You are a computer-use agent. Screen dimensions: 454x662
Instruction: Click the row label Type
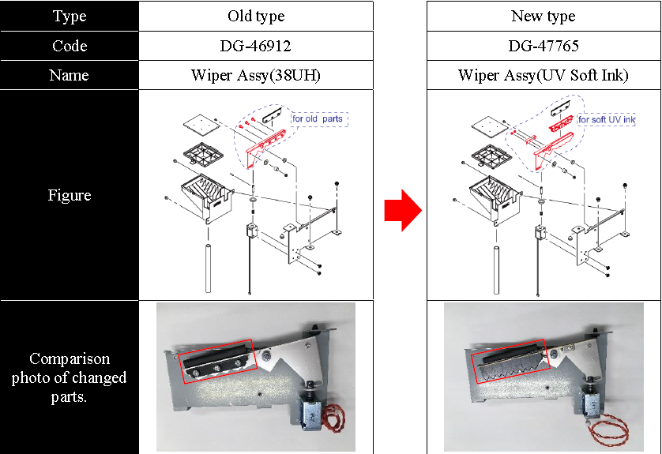[70, 16]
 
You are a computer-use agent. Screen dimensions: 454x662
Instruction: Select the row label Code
[70, 46]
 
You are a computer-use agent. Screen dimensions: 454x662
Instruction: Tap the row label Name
[70, 76]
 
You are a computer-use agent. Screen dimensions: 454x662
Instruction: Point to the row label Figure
[70, 195]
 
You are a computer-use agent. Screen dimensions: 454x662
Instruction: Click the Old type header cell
[255, 16]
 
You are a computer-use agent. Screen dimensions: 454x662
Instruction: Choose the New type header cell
[543, 16]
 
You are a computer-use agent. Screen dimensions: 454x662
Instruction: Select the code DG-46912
[255, 46]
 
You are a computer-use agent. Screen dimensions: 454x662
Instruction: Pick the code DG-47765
[543, 46]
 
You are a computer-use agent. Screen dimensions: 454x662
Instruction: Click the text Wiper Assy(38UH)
[255, 76]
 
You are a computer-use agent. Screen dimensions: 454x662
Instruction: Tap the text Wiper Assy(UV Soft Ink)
[543, 76]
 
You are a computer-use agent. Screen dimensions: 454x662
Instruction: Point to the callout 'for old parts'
[319, 119]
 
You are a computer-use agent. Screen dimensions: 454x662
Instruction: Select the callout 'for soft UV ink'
[606, 119]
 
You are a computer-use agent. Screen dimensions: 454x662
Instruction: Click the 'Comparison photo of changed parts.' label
[70, 377]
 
